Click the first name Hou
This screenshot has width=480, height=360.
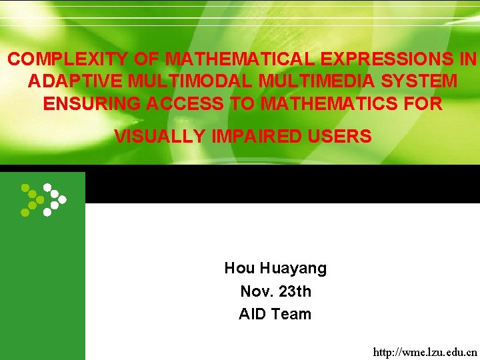click(239, 269)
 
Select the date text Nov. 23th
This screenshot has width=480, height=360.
click(275, 291)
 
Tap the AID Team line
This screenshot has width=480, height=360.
click(275, 314)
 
